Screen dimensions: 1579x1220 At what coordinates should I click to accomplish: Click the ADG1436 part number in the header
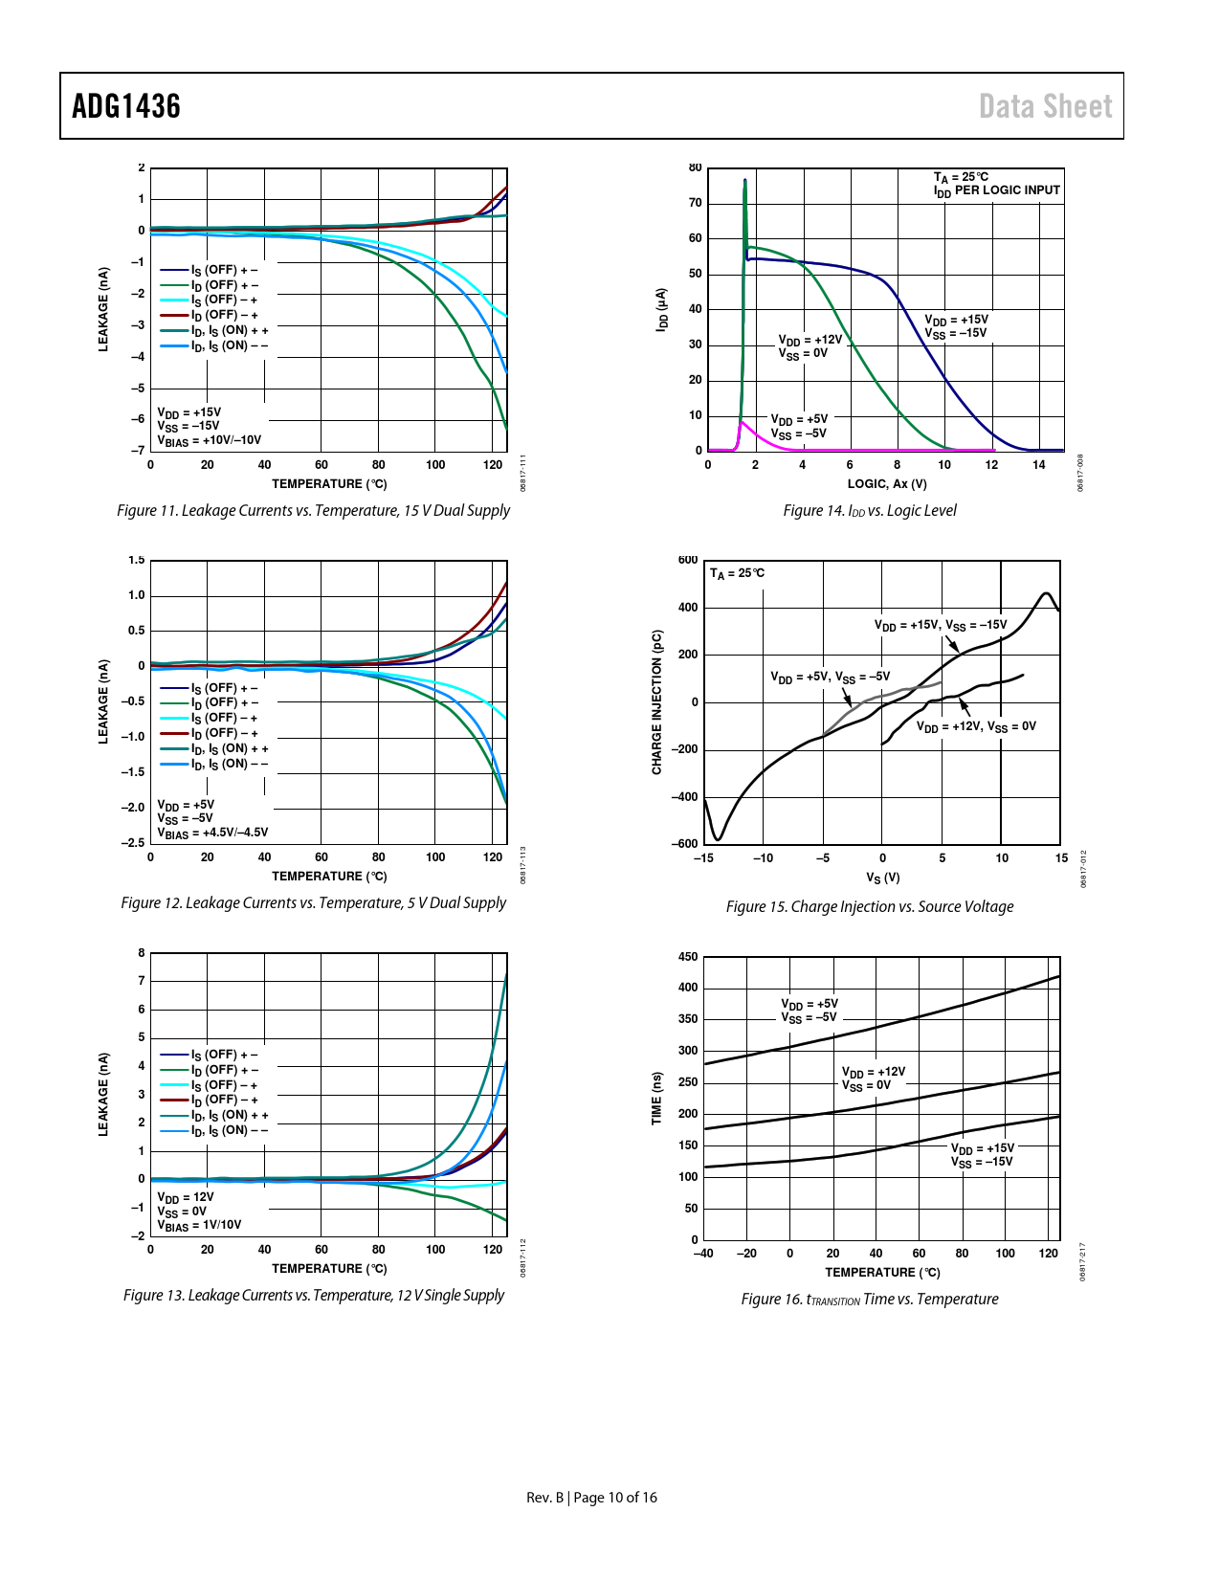126,106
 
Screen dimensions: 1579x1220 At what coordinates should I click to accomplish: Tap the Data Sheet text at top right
1045,106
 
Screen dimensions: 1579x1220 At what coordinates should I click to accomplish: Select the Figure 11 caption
313,510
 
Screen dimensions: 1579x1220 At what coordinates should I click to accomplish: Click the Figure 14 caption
869,510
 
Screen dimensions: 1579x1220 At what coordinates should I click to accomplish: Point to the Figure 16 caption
869,1299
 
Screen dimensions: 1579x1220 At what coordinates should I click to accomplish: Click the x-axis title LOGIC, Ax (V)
886,484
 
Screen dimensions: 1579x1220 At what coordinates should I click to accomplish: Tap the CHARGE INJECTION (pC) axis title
656,702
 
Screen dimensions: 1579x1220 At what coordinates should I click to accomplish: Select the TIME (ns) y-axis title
656,1098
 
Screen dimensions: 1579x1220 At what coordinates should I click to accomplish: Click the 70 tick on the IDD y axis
695,203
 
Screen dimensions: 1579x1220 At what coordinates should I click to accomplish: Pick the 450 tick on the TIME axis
687,957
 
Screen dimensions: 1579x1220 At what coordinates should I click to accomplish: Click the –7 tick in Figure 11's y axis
138,451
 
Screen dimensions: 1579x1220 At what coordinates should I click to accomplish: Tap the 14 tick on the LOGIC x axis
1038,465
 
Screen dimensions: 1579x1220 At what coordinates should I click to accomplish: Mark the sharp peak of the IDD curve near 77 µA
744,180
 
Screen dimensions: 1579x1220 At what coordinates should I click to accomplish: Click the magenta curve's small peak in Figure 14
743,422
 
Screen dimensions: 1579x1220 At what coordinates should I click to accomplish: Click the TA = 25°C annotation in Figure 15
737,573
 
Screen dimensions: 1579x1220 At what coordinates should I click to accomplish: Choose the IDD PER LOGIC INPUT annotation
997,190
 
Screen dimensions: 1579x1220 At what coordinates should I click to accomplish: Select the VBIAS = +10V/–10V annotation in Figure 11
209,440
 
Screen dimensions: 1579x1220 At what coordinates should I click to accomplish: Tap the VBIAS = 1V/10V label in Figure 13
199,1225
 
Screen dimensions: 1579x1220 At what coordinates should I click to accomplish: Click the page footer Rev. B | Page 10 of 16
591,1498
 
